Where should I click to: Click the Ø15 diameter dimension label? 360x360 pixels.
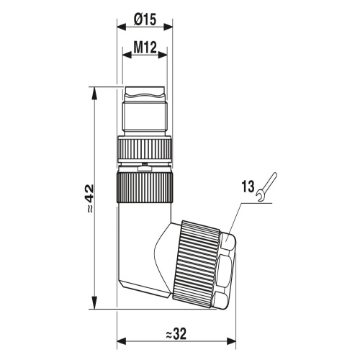click(x=145, y=19)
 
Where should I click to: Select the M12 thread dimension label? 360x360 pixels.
click(x=145, y=48)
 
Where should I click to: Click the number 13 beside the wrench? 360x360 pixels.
click(x=248, y=186)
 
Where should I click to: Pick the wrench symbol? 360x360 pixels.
click(x=266, y=186)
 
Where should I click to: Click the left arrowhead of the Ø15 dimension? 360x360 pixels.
click(x=122, y=27)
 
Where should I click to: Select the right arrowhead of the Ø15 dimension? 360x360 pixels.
click(x=168, y=27)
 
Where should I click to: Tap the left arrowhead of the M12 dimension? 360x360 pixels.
click(x=127, y=55)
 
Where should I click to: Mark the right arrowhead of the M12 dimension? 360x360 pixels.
click(x=162, y=55)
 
